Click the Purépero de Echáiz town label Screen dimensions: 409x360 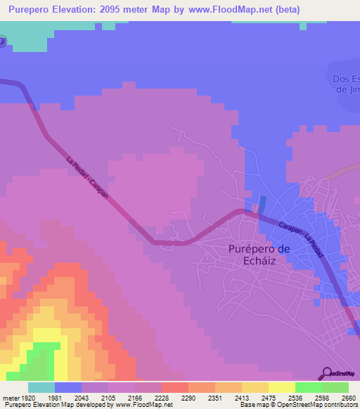pos(259,254)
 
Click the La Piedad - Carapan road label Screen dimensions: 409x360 pos(87,176)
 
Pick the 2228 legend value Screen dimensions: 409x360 pos(161,398)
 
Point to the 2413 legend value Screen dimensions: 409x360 pos(241,398)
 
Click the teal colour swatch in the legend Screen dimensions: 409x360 pos(41,387)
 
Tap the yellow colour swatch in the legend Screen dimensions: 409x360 pos(281,387)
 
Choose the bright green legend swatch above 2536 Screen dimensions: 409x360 pos(308,387)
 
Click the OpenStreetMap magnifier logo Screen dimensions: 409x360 pos(326,373)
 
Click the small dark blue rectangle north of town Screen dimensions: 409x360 pos(262,204)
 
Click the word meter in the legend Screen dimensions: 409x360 pos(10,398)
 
